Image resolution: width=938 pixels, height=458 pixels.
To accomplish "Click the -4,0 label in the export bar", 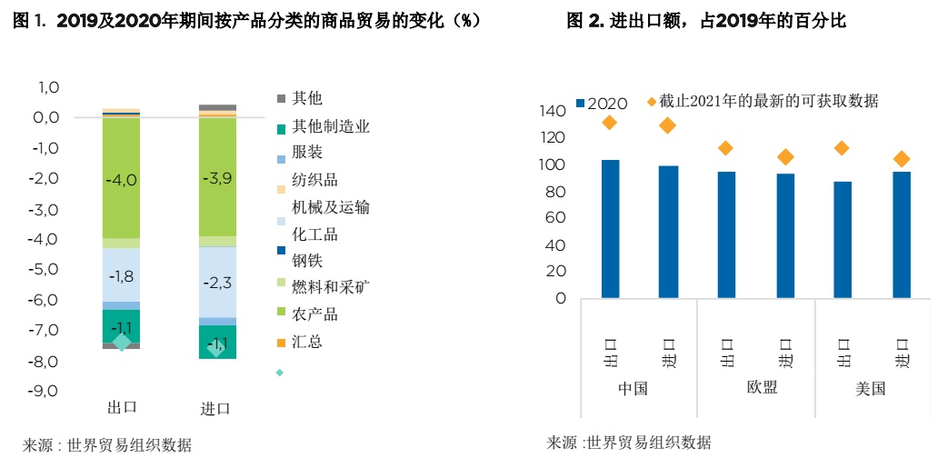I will click(x=121, y=180).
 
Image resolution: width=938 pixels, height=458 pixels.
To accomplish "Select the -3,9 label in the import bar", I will click(x=217, y=178).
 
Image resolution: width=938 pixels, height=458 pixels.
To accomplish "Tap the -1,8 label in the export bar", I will click(x=121, y=276).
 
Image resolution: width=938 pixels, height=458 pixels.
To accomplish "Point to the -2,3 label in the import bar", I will click(x=217, y=283).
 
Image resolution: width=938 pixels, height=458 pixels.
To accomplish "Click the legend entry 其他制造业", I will click(x=330, y=126).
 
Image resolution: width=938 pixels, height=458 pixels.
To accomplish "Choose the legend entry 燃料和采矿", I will click(x=330, y=287).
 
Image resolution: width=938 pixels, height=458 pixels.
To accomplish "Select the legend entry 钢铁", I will click(x=307, y=261).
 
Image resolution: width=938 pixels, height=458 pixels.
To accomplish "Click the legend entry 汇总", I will click(x=307, y=342).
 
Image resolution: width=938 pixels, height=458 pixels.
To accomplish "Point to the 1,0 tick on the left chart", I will click(x=48, y=87).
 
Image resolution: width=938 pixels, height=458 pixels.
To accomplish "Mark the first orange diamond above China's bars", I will click(x=610, y=123).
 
